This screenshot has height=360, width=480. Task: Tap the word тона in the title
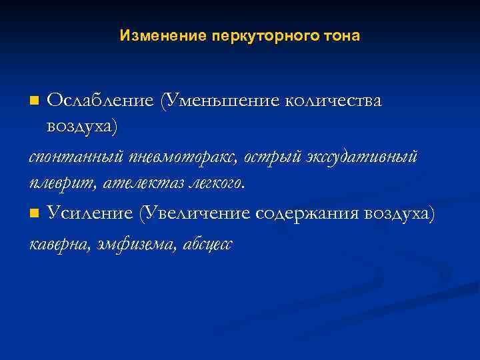pyautogui.click(x=343, y=36)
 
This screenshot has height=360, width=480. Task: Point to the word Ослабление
pyautogui.click(x=100, y=101)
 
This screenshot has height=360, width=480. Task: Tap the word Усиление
pyautogui.click(x=89, y=213)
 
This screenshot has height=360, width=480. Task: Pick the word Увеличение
pyautogui.click(x=194, y=213)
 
